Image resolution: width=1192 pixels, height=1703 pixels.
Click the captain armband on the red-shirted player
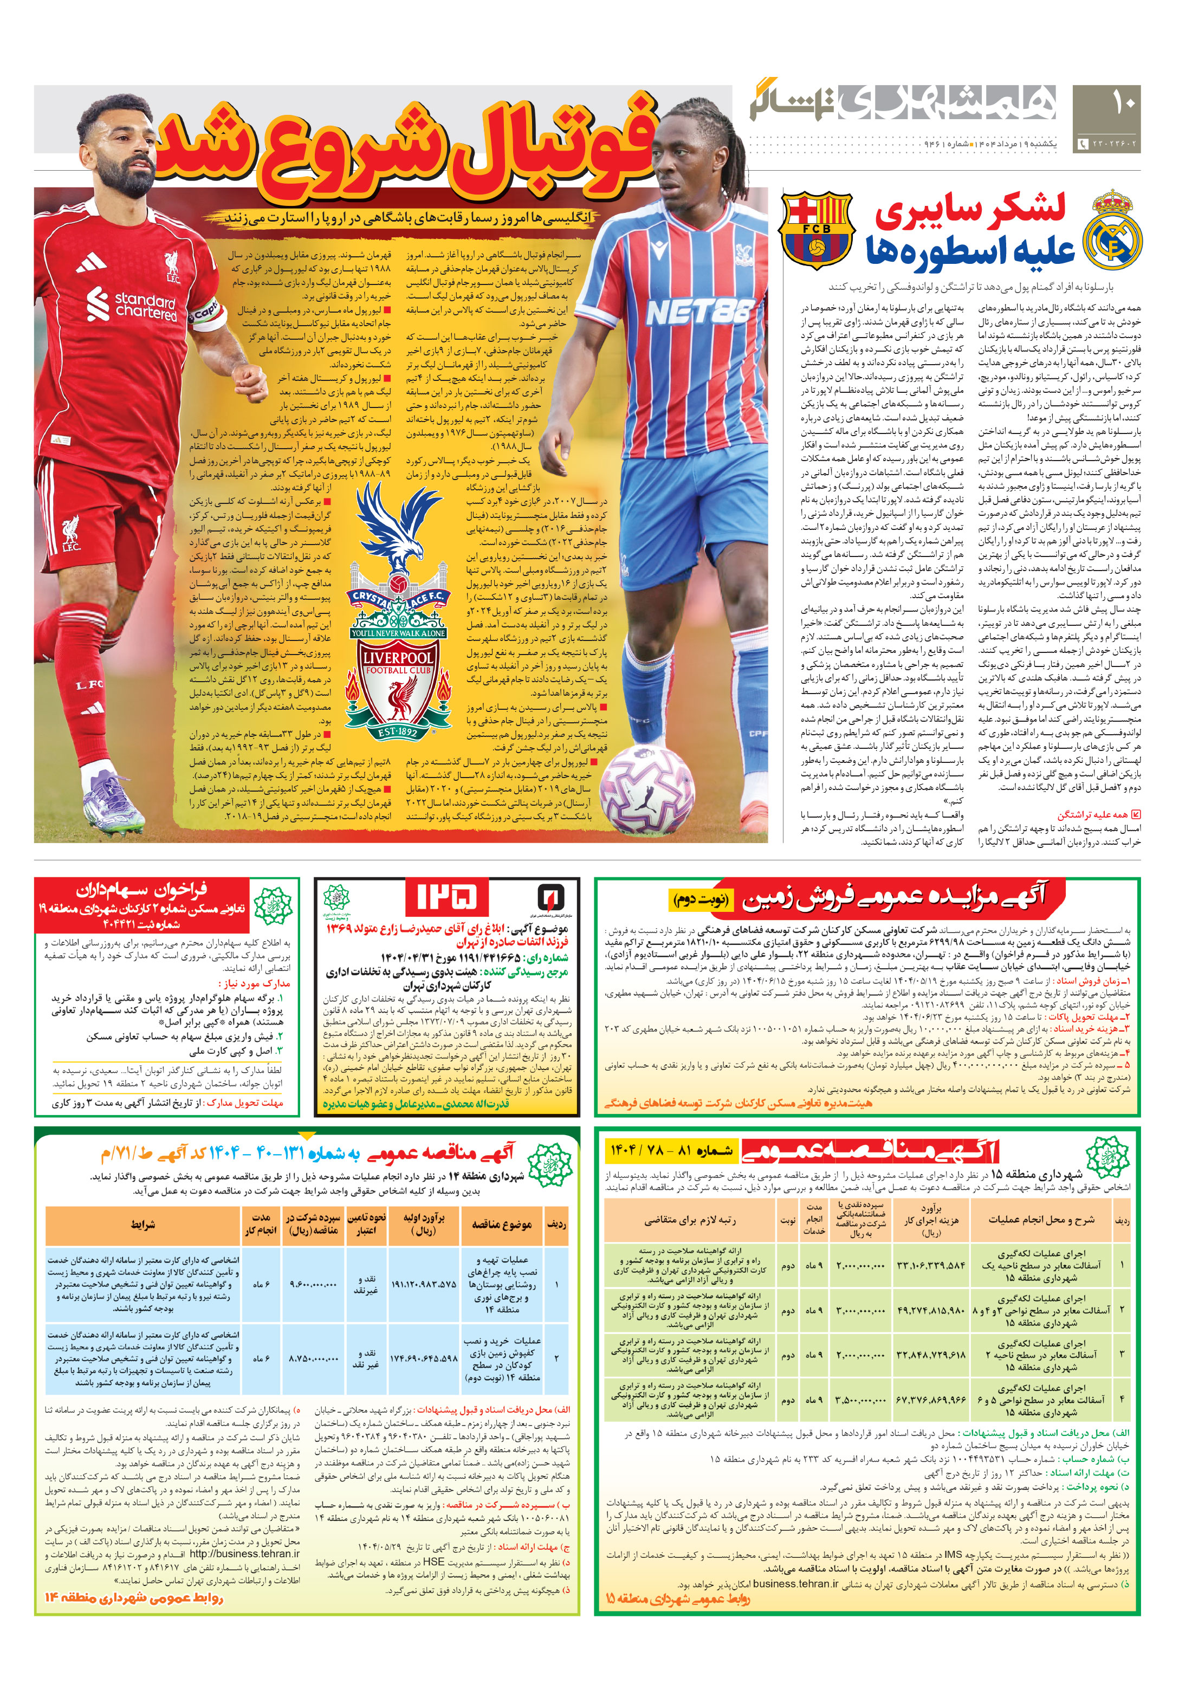206,309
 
